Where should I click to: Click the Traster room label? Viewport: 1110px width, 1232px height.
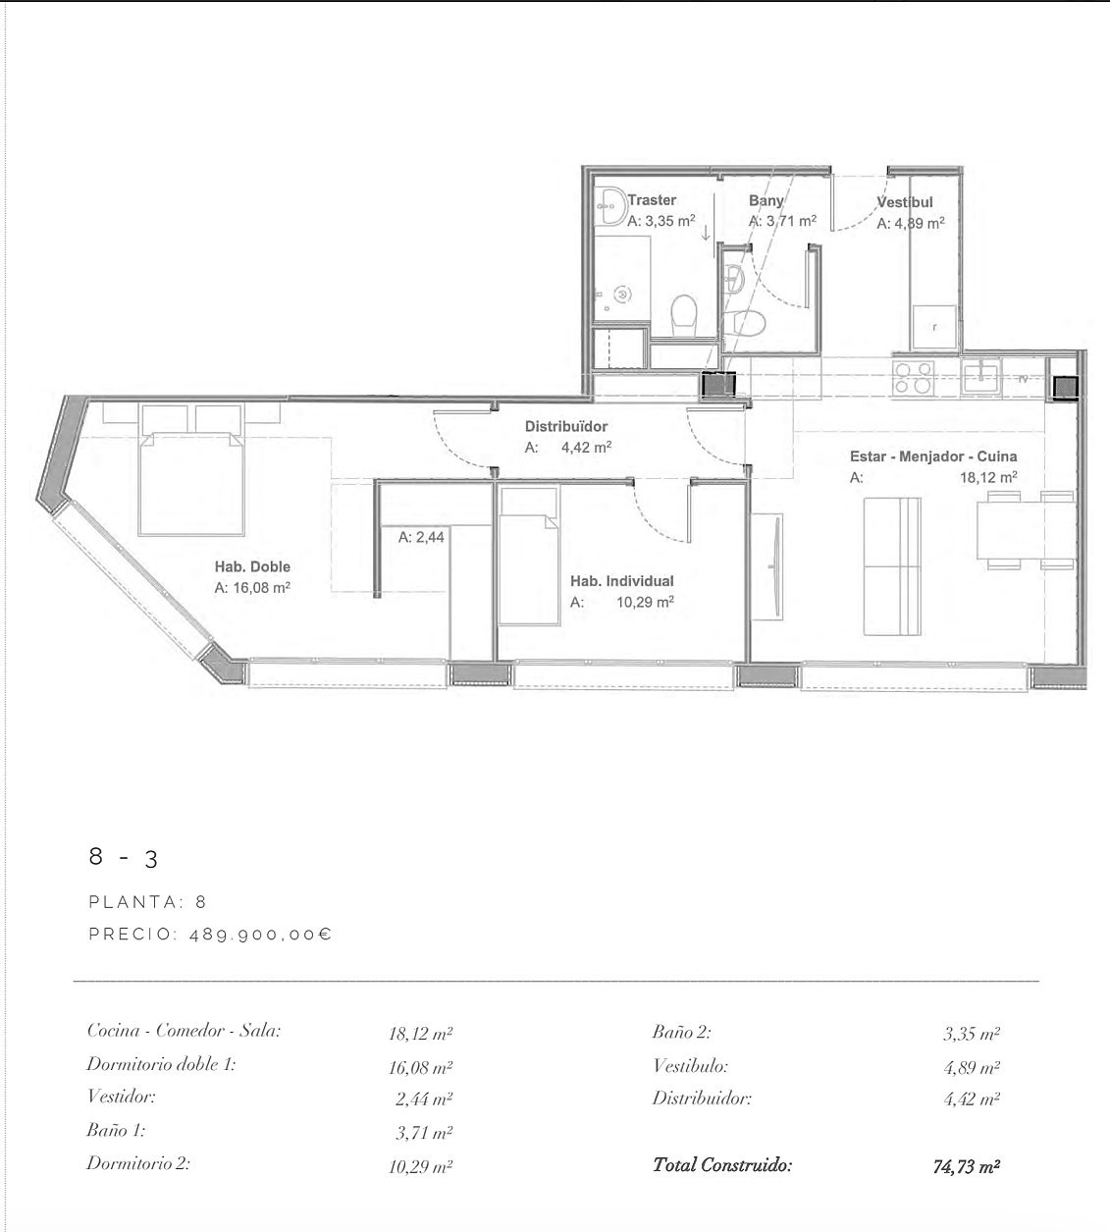(x=652, y=200)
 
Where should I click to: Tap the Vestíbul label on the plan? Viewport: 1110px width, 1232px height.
(x=904, y=202)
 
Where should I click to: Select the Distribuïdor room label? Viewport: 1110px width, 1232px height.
(x=565, y=426)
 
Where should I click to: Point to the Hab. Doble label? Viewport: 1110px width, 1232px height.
(x=252, y=566)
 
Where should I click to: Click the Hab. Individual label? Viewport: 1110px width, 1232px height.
(x=621, y=581)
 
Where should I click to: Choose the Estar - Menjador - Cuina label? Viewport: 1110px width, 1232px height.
(x=933, y=456)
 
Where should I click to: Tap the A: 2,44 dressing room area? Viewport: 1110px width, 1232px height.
(x=421, y=537)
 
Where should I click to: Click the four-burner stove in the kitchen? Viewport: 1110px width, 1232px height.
(x=914, y=377)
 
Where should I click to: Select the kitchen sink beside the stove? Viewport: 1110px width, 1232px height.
(x=981, y=377)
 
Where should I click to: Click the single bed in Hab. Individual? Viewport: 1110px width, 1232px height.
(x=528, y=556)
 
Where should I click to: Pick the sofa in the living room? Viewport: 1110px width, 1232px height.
(x=892, y=566)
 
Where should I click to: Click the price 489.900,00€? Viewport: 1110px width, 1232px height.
(x=261, y=935)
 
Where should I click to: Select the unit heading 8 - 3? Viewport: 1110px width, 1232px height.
(x=124, y=857)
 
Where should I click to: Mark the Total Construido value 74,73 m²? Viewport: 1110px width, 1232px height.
(x=967, y=1166)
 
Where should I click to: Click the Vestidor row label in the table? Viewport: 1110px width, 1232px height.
(x=122, y=1097)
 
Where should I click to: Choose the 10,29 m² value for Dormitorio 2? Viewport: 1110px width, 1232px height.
(x=421, y=1166)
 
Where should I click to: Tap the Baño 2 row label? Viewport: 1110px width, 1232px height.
(x=681, y=1033)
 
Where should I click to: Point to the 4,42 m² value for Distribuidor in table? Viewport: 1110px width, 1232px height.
(x=972, y=1098)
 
